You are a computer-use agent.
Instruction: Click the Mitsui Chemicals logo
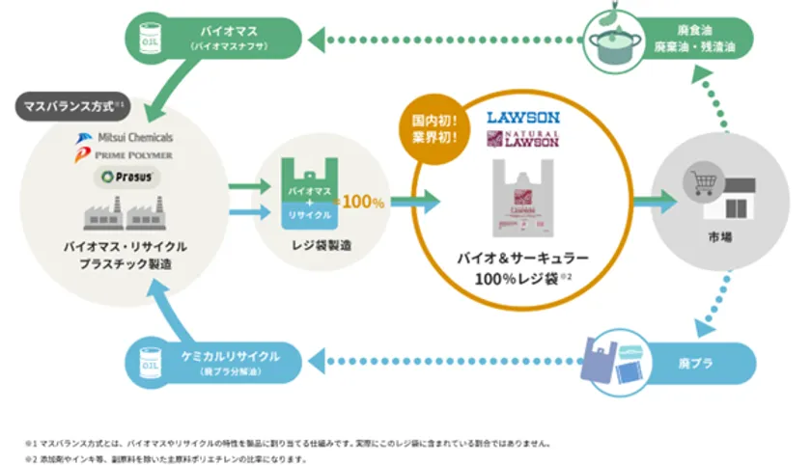tap(122, 137)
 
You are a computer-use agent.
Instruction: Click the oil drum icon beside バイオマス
tap(147, 40)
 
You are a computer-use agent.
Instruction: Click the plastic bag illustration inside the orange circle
tap(522, 198)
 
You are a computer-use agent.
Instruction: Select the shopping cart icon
tap(699, 179)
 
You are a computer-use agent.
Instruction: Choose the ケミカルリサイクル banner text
tap(230, 357)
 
